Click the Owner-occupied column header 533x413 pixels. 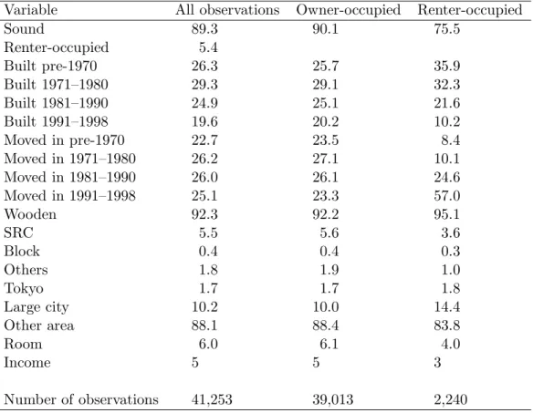pos(349,10)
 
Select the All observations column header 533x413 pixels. pos(227,10)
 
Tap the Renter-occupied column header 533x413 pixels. pos(470,10)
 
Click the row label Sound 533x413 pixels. pos(24,29)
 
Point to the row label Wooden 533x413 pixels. pos(30,214)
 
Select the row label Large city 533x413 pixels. pos(37,307)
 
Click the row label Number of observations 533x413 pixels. pos(81,399)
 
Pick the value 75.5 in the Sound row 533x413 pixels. pos(446,29)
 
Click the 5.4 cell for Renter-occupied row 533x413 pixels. pos(208,47)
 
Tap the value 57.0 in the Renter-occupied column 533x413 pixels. pos(446,196)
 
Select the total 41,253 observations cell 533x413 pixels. pos(212,399)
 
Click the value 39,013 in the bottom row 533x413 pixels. pos(333,399)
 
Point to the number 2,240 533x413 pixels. pos(450,399)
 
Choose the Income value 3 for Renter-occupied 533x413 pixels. pos(437,363)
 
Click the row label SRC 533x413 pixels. pos(18,233)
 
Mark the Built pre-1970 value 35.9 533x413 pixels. pos(446,66)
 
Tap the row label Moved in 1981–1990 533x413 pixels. pos(69,177)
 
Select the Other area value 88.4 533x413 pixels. pos(325,325)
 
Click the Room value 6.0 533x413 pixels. pos(208,344)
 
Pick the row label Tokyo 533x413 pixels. pos(24,289)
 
